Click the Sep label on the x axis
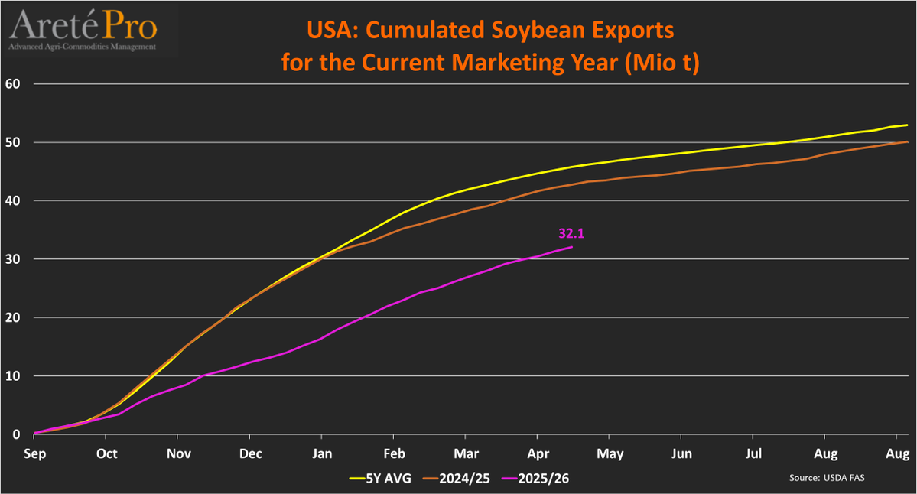(34, 453)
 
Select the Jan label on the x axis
(322, 453)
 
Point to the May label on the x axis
(610, 453)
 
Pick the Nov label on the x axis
(178, 453)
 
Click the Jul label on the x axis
(753, 453)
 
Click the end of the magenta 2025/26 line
(572, 247)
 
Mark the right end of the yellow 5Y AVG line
(907, 125)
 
